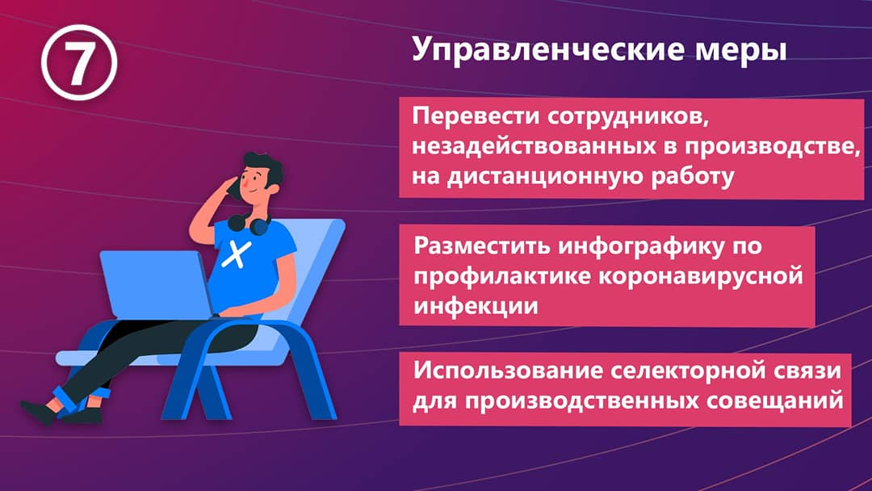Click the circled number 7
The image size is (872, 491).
tap(79, 62)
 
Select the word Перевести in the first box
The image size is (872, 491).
tap(476, 117)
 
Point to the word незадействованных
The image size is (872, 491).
tap(542, 147)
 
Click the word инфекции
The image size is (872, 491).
tap(476, 306)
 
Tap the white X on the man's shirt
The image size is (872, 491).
tap(237, 254)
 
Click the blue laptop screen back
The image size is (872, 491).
tap(156, 284)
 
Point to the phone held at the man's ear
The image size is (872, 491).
tap(233, 188)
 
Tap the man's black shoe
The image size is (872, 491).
tap(39, 412)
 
